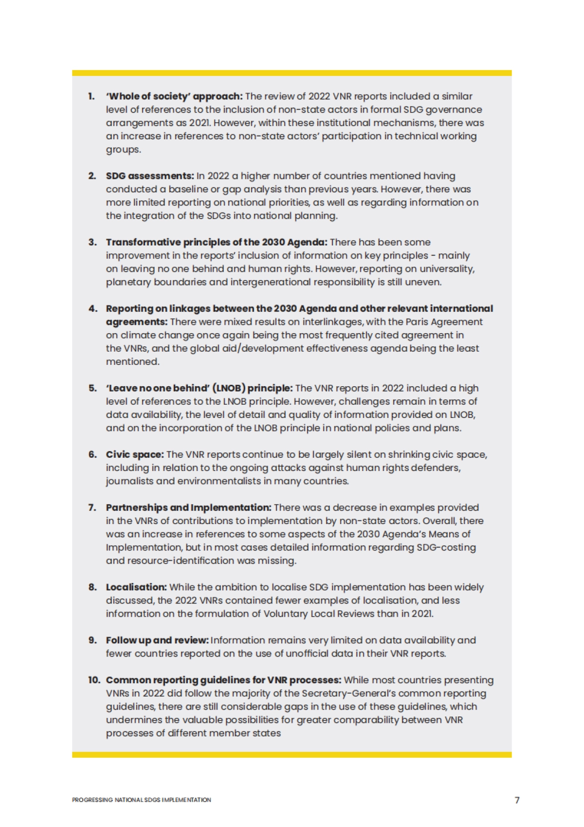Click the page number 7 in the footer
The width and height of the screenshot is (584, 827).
pyautogui.click(x=517, y=800)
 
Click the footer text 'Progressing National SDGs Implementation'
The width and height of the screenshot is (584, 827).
pyautogui.click(x=141, y=800)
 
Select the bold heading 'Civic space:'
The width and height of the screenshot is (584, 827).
pyautogui.click(x=135, y=454)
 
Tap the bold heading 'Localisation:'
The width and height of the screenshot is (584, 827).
pyautogui.click(x=136, y=587)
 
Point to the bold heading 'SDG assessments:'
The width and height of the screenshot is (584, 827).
pyautogui.click(x=150, y=176)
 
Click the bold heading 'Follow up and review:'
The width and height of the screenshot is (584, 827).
pyautogui.click(x=157, y=640)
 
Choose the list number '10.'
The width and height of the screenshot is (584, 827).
pyautogui.click(x=94, y=680)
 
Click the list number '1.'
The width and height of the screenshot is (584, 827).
pyautogui.click(x=91, y=96)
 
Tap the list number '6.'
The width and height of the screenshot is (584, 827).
pyautogui.click(x=92, y=454)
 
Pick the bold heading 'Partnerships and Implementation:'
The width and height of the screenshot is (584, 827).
pyautogui.click(x=188, y=507)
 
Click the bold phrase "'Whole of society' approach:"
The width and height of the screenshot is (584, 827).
pyautogui.click(x=174, y=96)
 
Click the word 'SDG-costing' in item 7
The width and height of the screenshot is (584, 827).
pyautogui.click(x=446, y=547)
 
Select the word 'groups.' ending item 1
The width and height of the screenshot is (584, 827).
pyautogui.click(x=124, y=150)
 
